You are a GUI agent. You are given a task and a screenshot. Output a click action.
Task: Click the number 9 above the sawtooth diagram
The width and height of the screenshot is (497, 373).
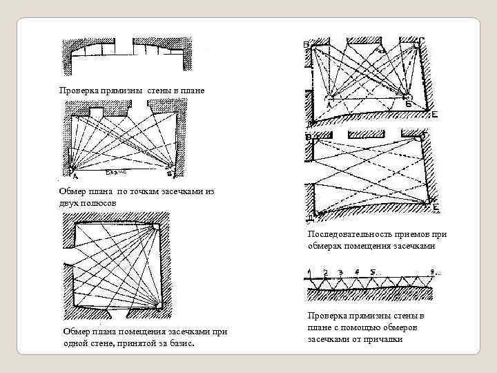click(x=431, y=272)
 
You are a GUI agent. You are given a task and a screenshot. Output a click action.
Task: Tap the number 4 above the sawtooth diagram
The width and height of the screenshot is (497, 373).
click(x=355, y=272)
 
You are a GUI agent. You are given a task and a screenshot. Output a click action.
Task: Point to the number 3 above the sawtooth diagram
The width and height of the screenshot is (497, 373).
click(x=341, y=272)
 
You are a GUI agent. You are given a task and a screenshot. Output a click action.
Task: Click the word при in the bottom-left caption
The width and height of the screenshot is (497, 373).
click(x=220, y=332)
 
